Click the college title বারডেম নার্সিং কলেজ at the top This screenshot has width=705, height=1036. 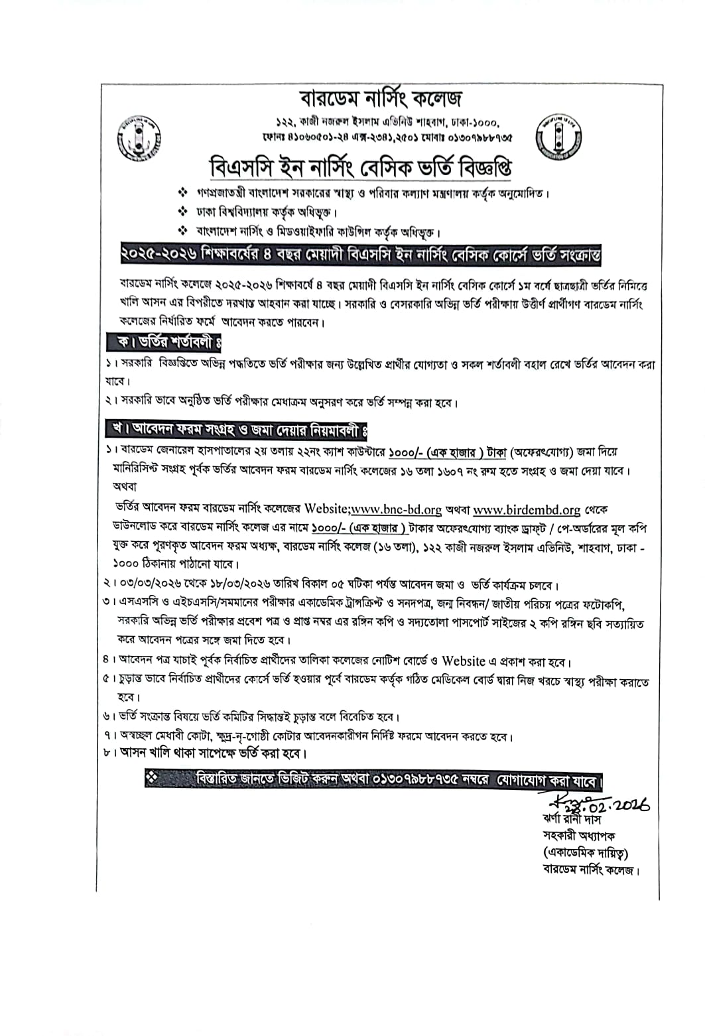[x=381, y=98]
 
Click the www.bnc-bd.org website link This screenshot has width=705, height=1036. [x=396, y=509]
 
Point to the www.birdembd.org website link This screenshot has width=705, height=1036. [x=527, y=509]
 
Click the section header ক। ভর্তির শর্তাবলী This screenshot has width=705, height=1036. [x=164, y=343]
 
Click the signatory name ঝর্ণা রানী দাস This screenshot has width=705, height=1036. [x=571, y=819]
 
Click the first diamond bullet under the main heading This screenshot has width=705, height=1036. [x=183, y=194]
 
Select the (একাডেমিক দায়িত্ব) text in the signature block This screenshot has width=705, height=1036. [x=586, y=852]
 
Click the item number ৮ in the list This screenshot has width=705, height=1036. [x=107, y=754]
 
